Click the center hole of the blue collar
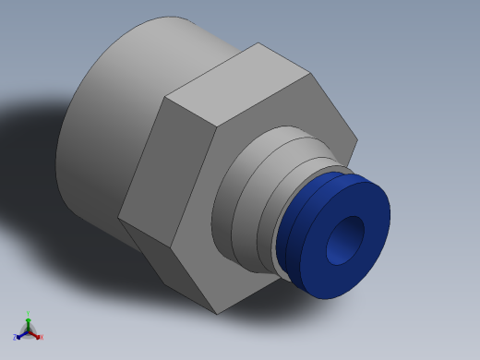tap(347, 240)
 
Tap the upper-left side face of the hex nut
tap(143, 157)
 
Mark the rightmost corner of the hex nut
tap(356, 140)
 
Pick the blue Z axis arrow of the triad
tap(21, 335)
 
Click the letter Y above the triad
tap(28, 314)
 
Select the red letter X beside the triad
tap(42, 338)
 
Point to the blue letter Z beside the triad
tap(15, 338)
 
